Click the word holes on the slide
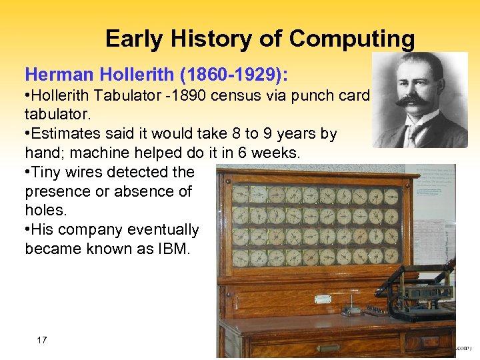pos(45,211)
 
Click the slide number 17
pos(41,340)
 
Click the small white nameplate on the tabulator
pos(323,299)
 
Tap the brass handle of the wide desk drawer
pos(327,347)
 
